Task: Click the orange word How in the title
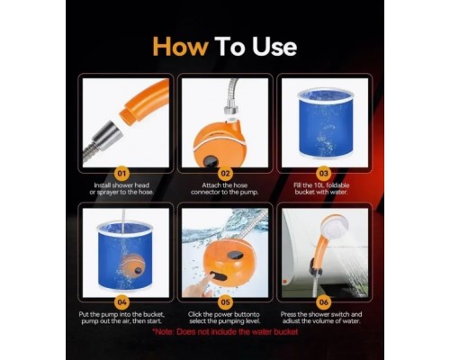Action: (180, 47)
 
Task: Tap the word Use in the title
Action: (274, 47)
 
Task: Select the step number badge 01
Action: (121, 174)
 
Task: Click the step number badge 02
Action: (225, 174)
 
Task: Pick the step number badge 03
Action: (323, 174)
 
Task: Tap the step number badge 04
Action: (121, 302)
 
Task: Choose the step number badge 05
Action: (225, 302)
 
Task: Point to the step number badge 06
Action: (323, 302)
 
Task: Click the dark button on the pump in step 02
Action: (210, 160)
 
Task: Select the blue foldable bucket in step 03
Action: (326, 123)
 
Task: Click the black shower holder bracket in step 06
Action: (316, 269)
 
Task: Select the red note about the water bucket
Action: (225, 332)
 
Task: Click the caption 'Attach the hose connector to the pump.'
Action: (225, 189)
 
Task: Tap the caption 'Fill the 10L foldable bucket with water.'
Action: (321, 189)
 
